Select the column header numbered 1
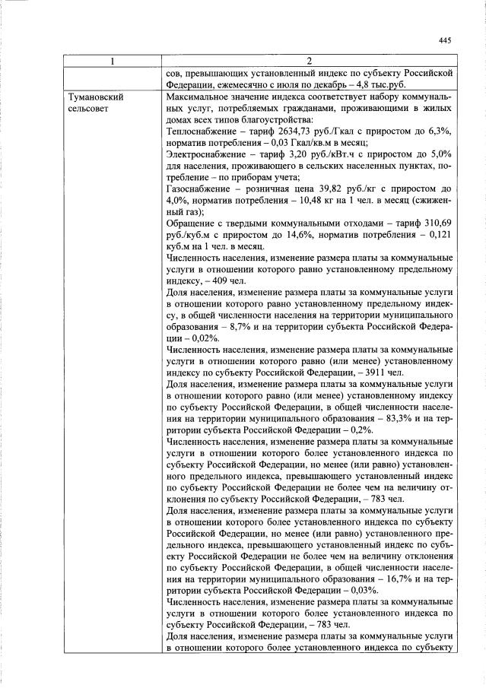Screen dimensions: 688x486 (x=112, y=61)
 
